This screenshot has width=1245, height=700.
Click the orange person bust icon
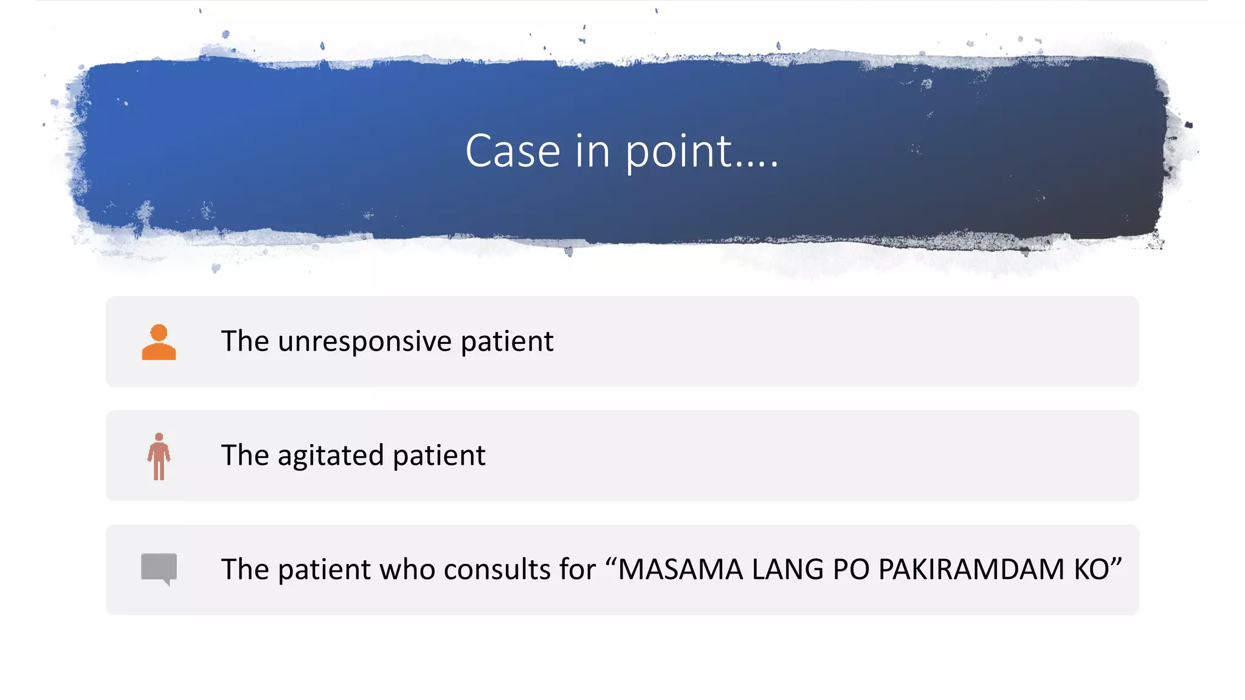coord(159,342)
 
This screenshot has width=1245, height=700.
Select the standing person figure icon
coord(159,456)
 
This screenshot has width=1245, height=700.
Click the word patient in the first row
coord(507,341)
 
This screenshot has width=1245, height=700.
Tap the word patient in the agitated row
coord(439,456)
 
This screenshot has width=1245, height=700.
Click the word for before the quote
coord(578,570)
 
